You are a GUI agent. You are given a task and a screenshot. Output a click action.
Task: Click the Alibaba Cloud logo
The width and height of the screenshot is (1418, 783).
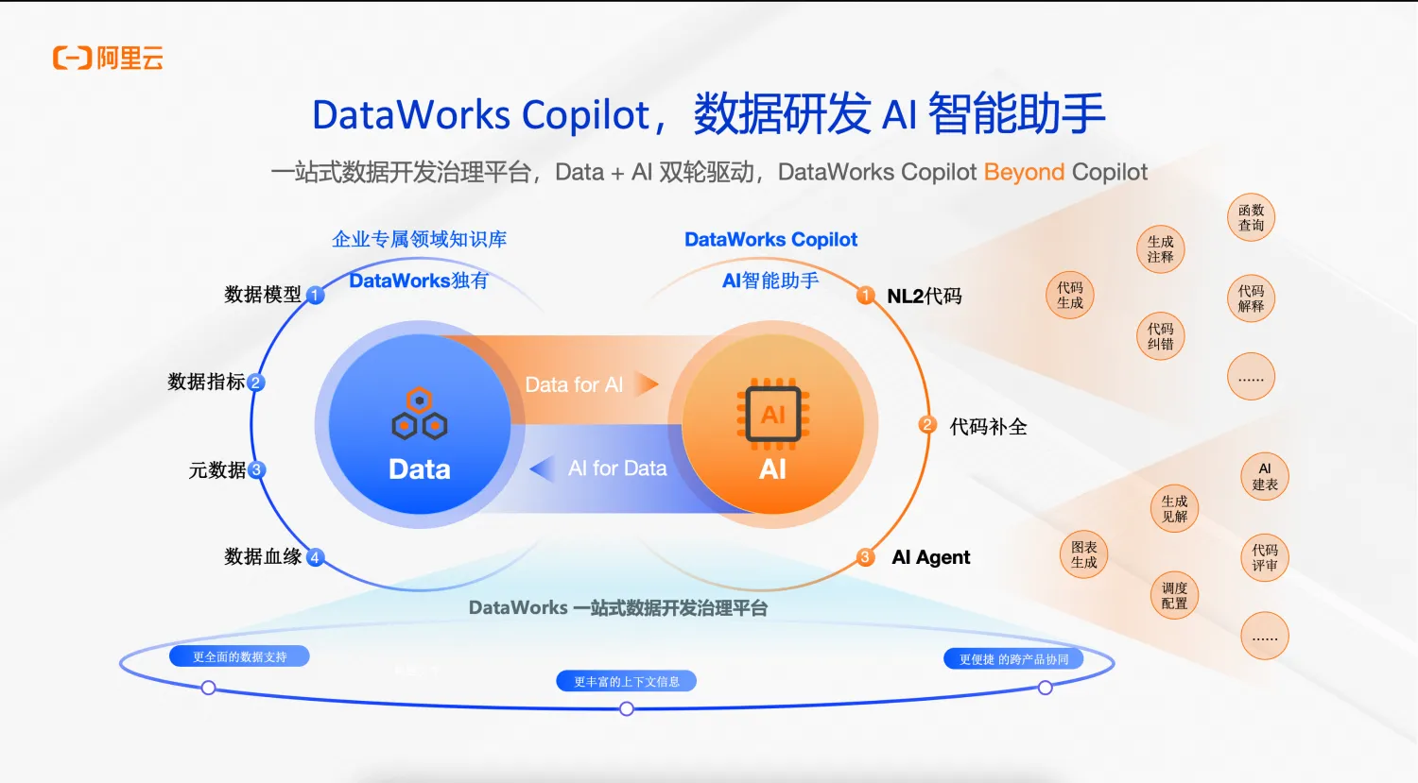tap(108, 59)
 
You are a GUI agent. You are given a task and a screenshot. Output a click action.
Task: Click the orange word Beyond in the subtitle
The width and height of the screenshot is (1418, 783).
tap(1024, 172)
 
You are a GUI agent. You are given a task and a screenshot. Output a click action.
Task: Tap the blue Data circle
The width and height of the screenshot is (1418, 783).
tap(419, 425)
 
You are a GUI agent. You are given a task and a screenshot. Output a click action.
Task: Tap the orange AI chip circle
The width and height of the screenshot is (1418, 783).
tap(772, 425)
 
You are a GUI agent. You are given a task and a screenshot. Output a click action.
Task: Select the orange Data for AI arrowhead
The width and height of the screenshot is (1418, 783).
tap(647, 384)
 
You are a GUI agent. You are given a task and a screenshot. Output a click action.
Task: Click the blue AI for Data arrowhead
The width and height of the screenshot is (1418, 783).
tap(542, 468)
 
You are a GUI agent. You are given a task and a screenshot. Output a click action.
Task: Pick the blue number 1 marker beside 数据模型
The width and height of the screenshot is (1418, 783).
tap(316, 296)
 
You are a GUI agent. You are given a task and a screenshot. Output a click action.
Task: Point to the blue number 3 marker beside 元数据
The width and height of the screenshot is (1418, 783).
tap(256, 469)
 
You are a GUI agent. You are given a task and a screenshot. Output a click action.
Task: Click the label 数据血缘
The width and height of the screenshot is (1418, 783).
tap(262, 556)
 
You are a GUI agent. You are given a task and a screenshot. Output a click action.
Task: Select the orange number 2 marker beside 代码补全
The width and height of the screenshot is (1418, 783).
tap(927, 425)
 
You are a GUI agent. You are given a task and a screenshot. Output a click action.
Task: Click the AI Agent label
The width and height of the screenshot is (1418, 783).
tap(930, 557)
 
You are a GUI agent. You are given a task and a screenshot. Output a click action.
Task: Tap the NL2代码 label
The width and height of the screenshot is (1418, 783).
tap(924, 296)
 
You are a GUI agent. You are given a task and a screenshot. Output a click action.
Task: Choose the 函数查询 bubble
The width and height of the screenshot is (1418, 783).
tap(1251, 218)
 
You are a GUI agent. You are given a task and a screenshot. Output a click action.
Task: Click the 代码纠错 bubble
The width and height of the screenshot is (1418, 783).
tap(1160, 336)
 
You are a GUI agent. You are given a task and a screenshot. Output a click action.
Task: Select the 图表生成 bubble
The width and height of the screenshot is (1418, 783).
tap(1083, 554)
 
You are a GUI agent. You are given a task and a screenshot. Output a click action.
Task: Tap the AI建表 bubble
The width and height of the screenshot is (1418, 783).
tap(1264, 477)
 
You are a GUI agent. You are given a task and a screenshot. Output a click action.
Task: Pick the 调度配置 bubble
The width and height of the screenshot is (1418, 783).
tap(1174, 595)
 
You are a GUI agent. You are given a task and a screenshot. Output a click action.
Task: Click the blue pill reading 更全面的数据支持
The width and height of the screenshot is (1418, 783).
tap(239, 656)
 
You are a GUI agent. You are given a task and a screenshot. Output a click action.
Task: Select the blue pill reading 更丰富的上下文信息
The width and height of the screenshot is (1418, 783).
tap(626, 681)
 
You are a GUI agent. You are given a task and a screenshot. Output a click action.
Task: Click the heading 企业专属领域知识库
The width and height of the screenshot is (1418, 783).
tap(419, 239)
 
